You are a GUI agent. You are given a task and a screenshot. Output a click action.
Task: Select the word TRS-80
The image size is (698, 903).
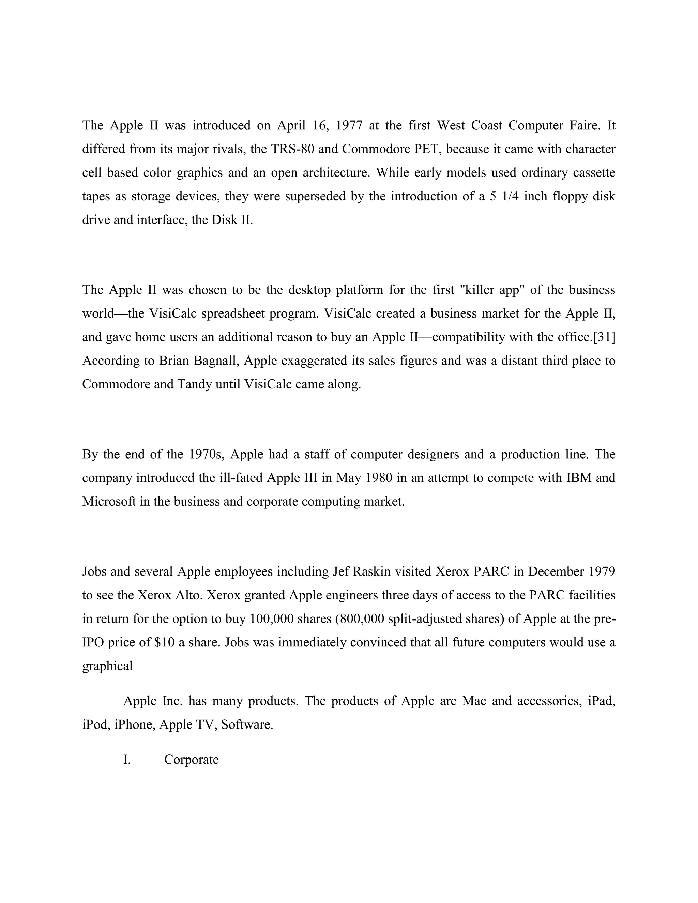point(292,149)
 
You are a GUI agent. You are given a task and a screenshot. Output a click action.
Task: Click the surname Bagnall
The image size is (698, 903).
point(216,361)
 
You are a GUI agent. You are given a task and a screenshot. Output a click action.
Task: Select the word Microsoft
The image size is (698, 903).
point(109,502)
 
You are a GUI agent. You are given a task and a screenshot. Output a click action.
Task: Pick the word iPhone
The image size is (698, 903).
point(134,724)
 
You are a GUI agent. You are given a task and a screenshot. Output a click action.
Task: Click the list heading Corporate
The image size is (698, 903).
point(192,760)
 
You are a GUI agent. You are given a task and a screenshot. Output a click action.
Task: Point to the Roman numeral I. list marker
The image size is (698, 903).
point(127,760)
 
